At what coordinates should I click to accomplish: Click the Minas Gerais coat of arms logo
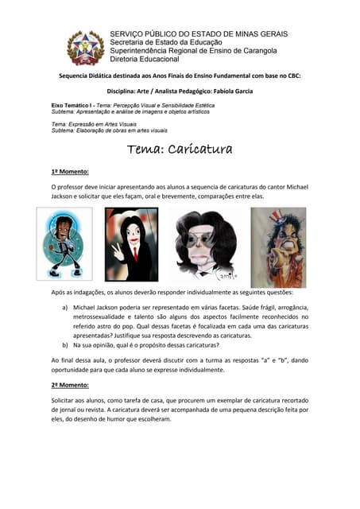(x=84, y=47)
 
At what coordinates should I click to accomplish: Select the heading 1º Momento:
(x=69, y=171)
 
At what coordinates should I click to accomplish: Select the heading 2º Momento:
(x=69, y=384)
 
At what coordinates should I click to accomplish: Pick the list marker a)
(x=65, y=306)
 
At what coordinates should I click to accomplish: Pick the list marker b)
(x=65, y=347)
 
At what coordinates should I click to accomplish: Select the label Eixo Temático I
(x=72, y=105)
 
